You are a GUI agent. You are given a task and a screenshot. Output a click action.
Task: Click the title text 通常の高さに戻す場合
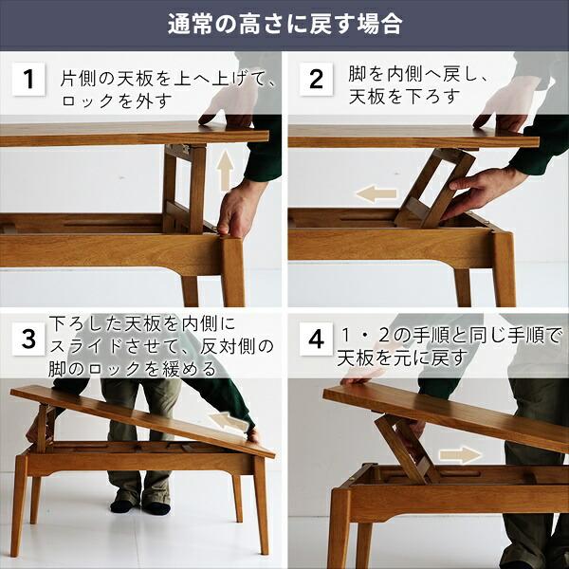click(284, 24)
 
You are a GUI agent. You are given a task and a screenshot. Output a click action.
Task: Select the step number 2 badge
click(317, 80)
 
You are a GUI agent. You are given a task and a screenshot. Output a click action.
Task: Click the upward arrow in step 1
click(225, 172)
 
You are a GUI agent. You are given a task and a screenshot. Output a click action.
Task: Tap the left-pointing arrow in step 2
click(376, 194)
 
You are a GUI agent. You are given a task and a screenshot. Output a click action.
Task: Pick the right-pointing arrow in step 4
click(460, 455)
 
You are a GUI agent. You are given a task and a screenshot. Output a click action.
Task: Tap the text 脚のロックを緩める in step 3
click(131, 368)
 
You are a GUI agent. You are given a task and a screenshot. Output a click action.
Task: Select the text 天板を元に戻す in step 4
click(403, 358)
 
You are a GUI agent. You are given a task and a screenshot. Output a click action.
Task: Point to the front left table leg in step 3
click(18, 503)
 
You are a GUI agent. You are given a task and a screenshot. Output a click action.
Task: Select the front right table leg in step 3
click(260, 503)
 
